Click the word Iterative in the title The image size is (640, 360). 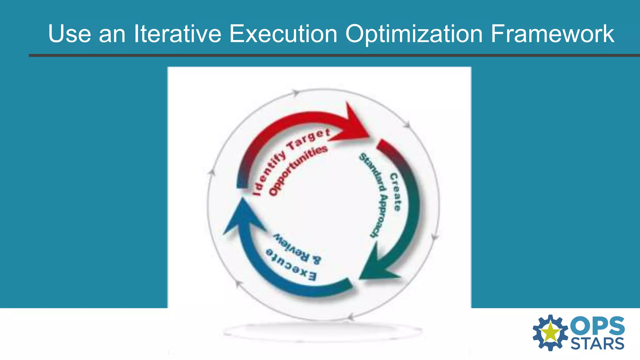[x=177, y=34]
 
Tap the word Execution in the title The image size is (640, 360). [x=283, y=34]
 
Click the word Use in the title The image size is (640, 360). [x=69, y=34]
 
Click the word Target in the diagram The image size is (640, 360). [x=308, y=139]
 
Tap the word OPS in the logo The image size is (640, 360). [x=597, y=326]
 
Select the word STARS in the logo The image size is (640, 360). [x=597, y=344]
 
